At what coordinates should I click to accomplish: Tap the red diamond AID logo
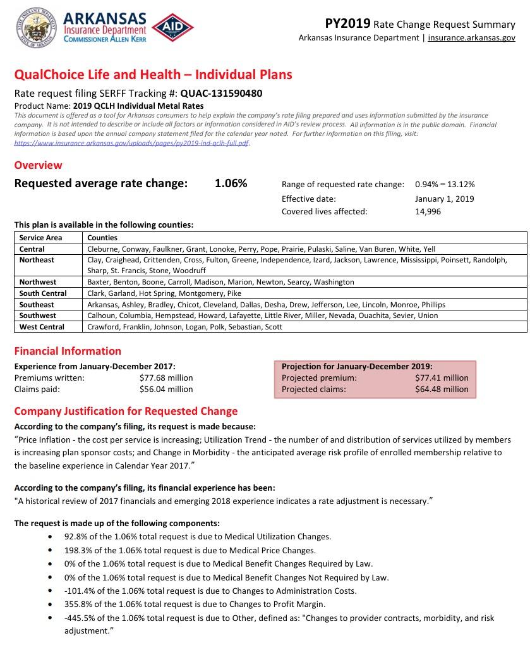click(x=172, y=28)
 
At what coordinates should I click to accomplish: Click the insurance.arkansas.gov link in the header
click(x=471, y=38)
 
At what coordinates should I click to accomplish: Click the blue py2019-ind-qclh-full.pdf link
click(x=132, y=144)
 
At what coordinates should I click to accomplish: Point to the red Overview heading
click(x=38, y=165)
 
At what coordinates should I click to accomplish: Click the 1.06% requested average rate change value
click(x=231, y=184)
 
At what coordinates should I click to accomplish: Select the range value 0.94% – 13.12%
click(x=445, y=185)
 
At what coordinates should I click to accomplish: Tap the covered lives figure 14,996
click(x=428, y=212)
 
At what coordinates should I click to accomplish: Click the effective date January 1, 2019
click(x=444, y=199)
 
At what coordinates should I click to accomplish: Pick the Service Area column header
click(x=40, y=238)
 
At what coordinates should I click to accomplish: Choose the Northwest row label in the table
click(x=38, y=282)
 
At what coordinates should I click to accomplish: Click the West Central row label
click(x=42, y=327)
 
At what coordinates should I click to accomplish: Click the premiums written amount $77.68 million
click(x=166, y=378)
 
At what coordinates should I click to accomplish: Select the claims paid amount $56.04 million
click(x=166, y=390)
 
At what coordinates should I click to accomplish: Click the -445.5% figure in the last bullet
click(x=78, y=618)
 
